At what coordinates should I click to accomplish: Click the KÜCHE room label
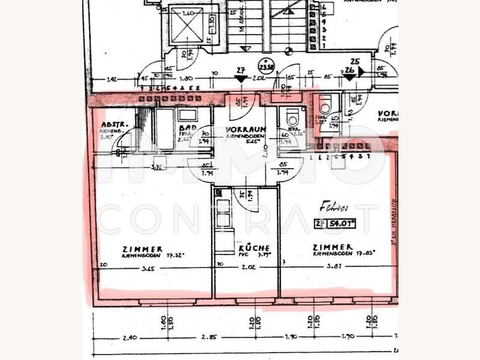tap(254, 247)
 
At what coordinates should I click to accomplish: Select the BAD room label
tap(185, 128)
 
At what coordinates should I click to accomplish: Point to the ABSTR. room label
tap(112, 125)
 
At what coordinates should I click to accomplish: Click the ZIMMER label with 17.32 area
tap(142, 248)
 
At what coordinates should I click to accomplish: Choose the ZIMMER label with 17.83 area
tap(332, 247)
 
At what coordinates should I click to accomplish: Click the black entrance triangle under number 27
tap(241, 78)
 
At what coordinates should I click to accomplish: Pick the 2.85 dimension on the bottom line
tap(209, 338)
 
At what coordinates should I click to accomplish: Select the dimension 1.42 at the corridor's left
tap(111, 79)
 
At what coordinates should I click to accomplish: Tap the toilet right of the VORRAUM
tap(293, 116)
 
